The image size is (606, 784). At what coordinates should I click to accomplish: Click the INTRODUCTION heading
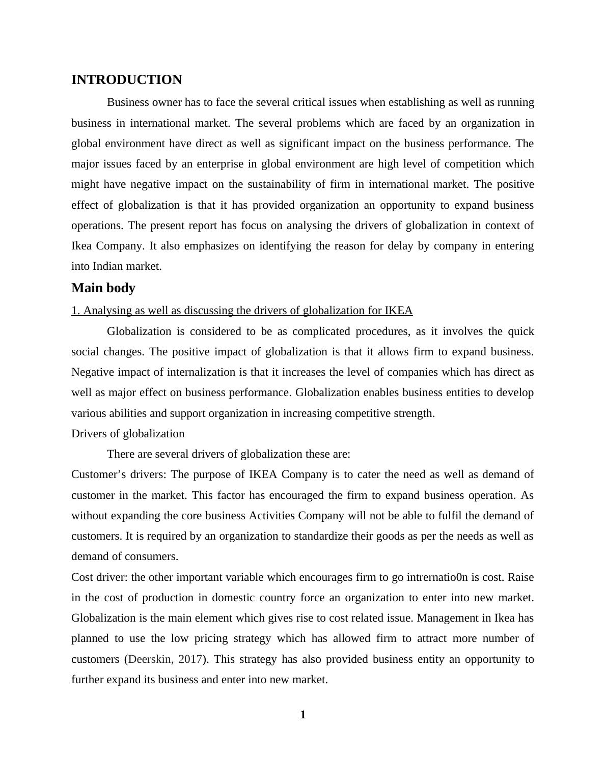126,80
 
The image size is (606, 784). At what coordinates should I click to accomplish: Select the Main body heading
103,288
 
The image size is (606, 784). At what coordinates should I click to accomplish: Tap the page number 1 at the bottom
303,715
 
